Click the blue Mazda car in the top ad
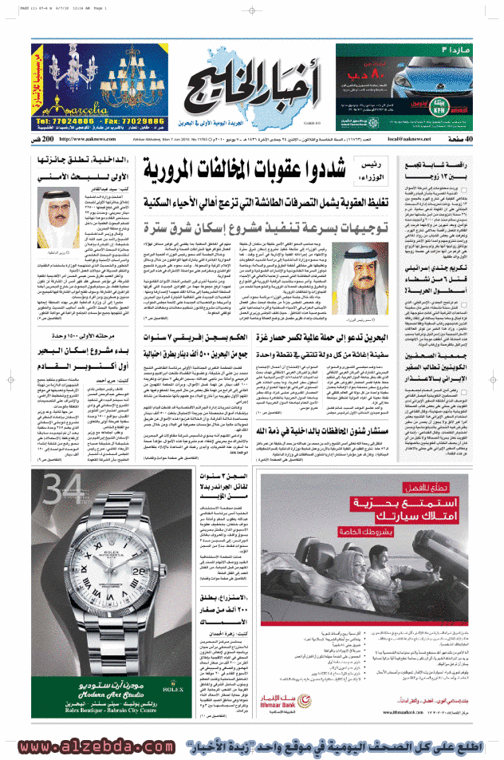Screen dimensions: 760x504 tap(446, 75)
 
